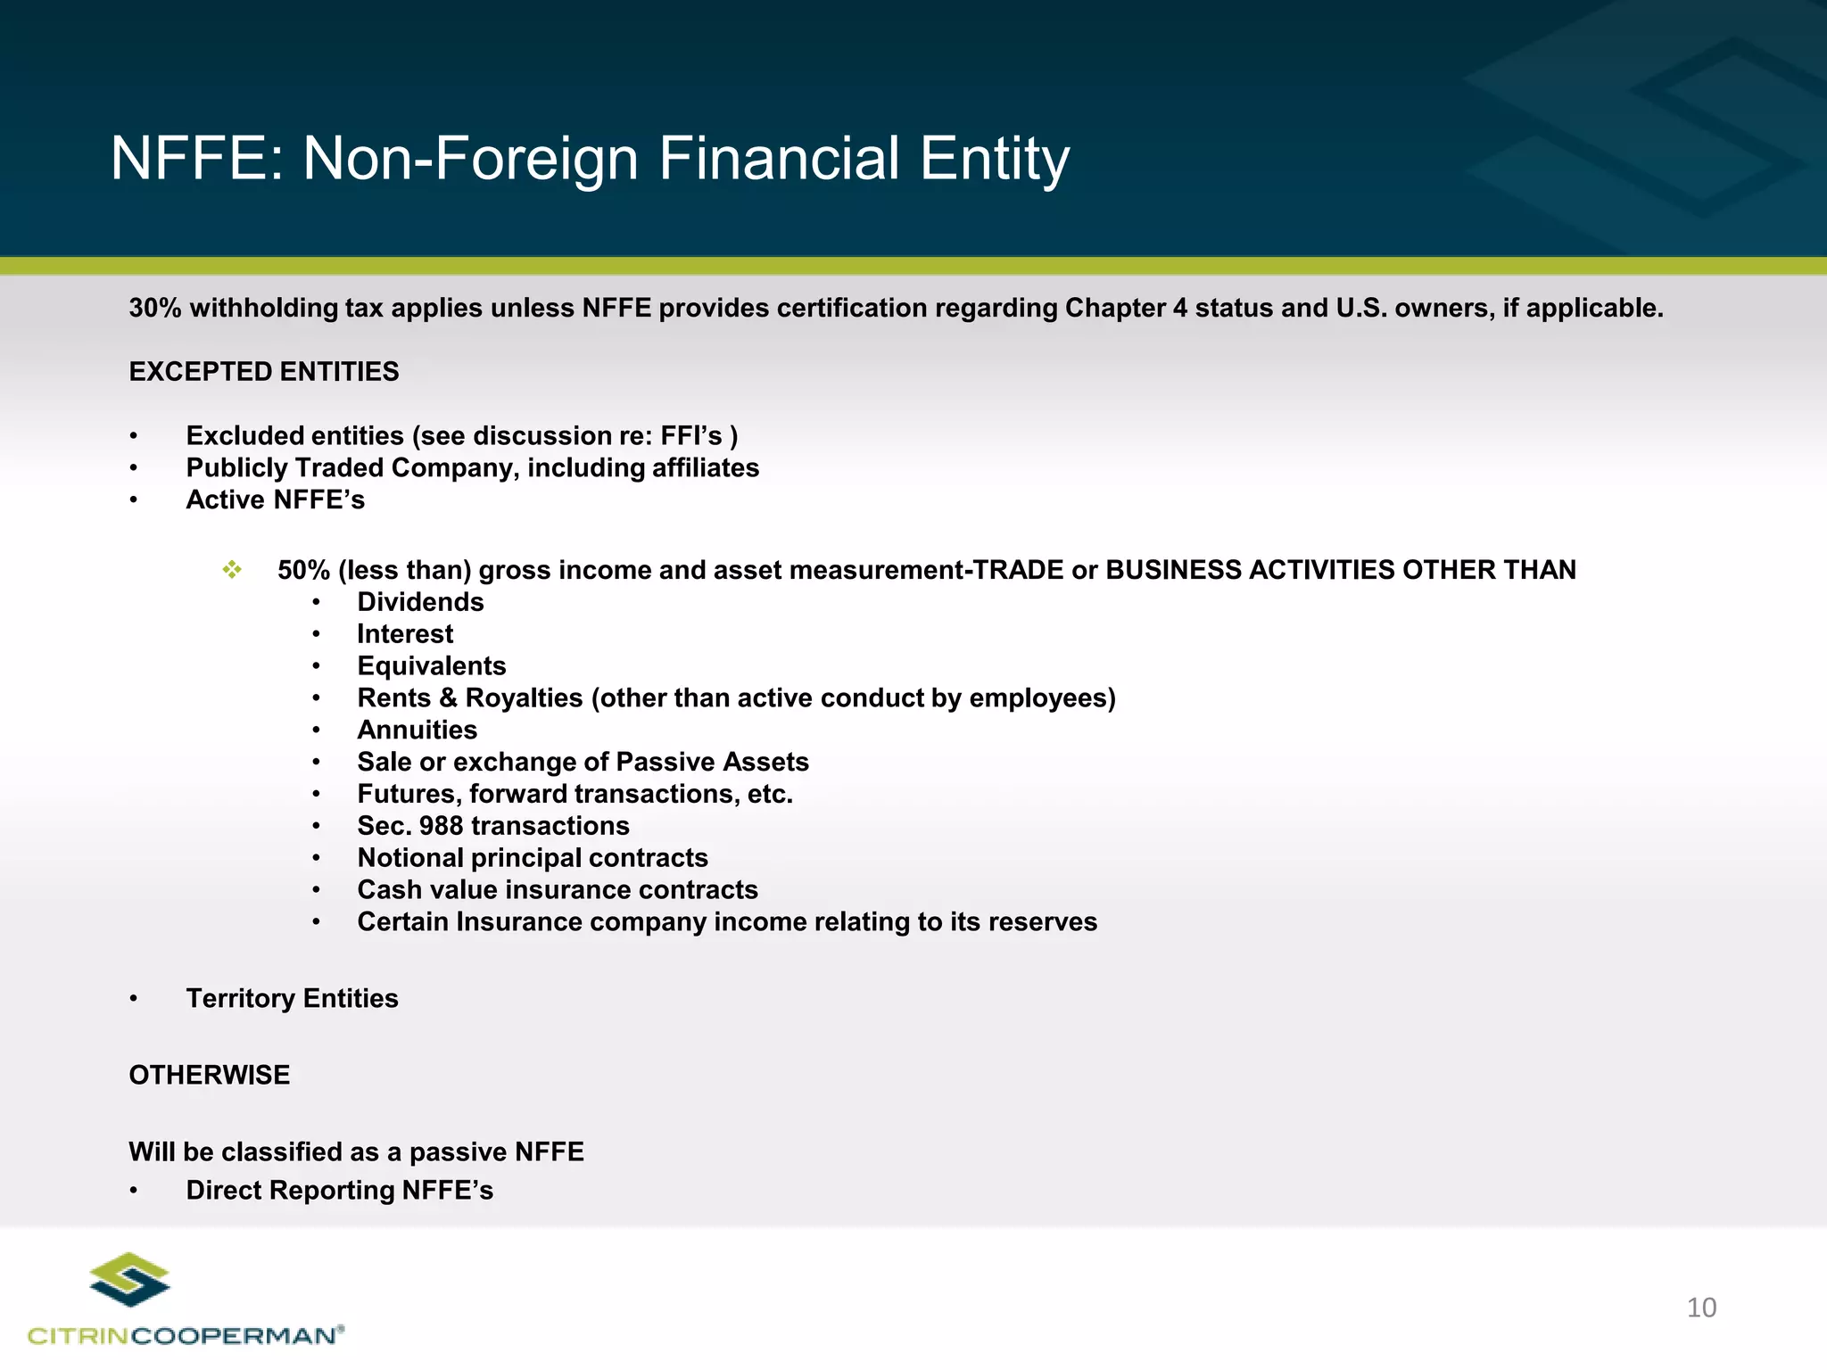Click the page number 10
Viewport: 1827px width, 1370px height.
point(1701,1308)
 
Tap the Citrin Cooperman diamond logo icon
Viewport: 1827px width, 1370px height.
point(130,1279)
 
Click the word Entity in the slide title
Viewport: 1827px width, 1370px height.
point(994,159)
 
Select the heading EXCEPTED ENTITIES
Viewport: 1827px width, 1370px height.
point(264,372)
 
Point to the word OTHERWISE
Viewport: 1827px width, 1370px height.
point(210,1075)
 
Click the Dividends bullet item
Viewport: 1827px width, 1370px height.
point(420,602)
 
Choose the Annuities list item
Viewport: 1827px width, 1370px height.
point(417,730)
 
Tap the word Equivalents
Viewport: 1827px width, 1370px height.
point(431,666)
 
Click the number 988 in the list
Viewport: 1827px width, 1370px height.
point(441,826)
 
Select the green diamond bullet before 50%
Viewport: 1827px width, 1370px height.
point(232,570)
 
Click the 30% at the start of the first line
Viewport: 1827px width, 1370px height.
point(155,309)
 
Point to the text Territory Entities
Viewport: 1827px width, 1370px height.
point(292,998)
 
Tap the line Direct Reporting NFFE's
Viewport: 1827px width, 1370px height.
point(339,1190)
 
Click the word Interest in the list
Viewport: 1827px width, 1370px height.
point(405,634)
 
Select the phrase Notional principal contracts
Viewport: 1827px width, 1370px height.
point(533,858)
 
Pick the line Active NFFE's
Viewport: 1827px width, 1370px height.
point(275,500)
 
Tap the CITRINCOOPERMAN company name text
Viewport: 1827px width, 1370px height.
point(185,1335)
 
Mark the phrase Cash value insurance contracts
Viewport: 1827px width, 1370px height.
point(558,890)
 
